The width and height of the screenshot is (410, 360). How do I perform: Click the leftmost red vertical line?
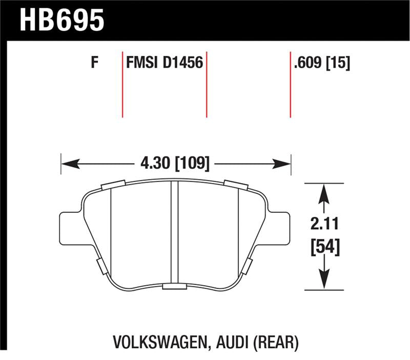tap(122, 85)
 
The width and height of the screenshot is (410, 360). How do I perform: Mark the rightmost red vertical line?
tap(291, 85)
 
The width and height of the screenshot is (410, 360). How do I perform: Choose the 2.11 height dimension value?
tap(323, 224)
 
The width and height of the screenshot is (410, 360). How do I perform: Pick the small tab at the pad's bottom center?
tap(175, 287)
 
